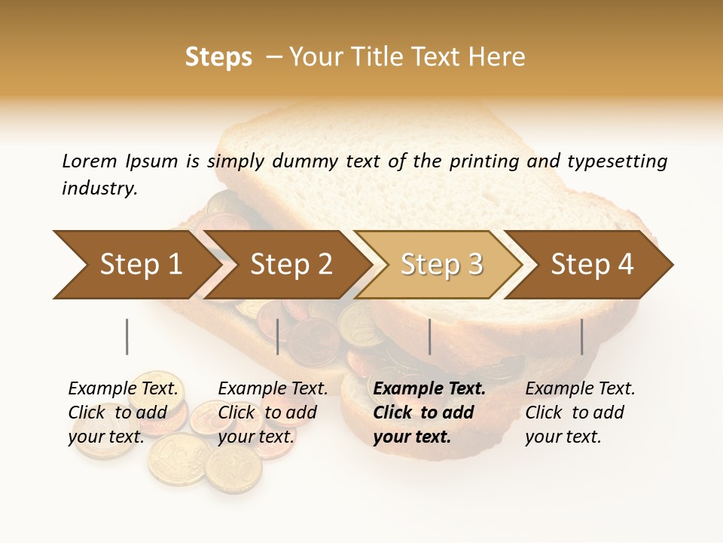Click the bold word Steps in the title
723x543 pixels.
pos(218,57)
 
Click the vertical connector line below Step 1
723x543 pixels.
pos(127,336)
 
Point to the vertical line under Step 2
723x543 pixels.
pos(278,336)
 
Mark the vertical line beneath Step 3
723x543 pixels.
pos(429,336)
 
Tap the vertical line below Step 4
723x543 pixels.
pos(581,336)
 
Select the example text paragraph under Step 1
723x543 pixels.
pos(124,412)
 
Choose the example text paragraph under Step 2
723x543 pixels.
pos(273,412)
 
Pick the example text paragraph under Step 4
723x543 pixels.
pos(580,412)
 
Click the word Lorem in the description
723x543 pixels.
pos(90,161)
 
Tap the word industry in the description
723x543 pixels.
pos(99,189)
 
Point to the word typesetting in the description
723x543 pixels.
pos(617,161)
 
